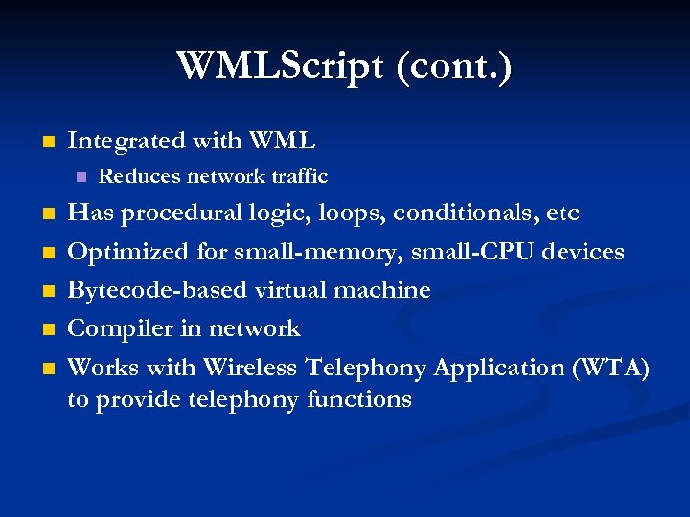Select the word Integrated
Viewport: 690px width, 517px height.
point(126,141)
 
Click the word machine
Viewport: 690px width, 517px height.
point(385,290)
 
